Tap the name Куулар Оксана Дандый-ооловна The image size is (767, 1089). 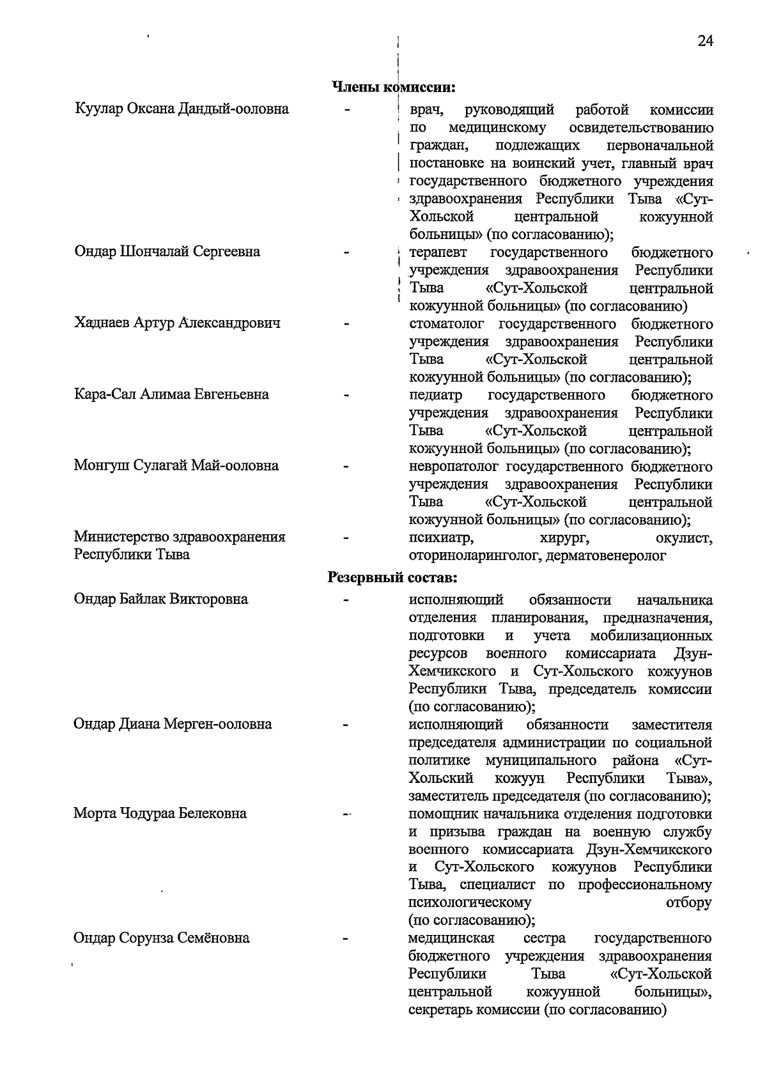click(182, 109)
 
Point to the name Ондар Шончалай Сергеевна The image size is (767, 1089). click(167, 252)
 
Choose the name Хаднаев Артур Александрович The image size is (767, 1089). click(177, 323)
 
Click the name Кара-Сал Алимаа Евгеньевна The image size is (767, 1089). click(171, 394)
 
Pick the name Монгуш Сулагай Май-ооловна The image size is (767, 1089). click(176, 465)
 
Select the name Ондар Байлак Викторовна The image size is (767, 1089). click(160, 599)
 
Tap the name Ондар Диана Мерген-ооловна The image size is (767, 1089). click(172, 724)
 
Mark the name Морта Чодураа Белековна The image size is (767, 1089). click(160, 814)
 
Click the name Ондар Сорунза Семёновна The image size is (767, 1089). click(161, 938)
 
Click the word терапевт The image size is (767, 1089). click(438, 252)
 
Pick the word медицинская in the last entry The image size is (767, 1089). click(451, 938)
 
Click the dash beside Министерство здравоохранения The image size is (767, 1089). click(346, 538)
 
